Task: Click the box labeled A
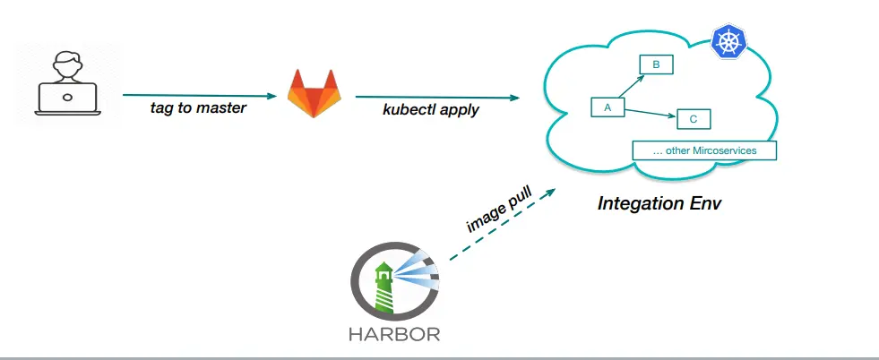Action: [607, 107]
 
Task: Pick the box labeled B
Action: [655, 64]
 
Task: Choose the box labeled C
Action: [694, 118]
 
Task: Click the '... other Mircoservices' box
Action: [703, 150]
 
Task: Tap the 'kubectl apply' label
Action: [431, 110]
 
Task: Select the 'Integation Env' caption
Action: [659, 203]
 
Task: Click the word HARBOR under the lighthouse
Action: [395, 336]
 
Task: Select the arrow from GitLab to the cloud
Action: [437, 96]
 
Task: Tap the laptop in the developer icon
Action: [66, 101]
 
